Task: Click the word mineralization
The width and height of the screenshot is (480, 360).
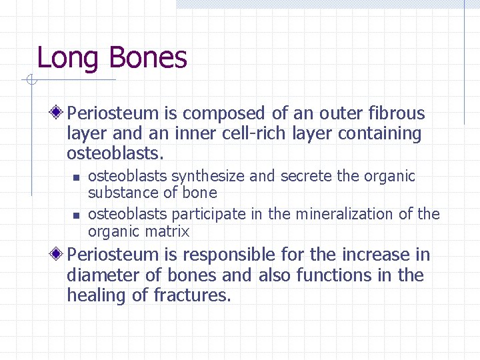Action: point(341,214)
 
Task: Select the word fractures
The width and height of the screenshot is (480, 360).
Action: point(193,295)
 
